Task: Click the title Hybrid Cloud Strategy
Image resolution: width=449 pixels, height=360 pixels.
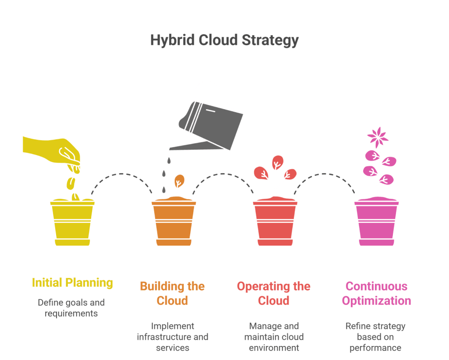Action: tap(224, 40)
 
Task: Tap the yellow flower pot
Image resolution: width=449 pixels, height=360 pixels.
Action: tap(72, 224)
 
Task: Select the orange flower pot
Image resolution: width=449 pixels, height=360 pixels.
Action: tap(174, 224)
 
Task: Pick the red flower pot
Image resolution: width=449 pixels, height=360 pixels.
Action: tap(275, 224)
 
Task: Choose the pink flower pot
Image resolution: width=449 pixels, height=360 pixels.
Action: tap(376, 224)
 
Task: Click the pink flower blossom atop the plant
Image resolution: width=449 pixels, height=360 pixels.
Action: tap(377, 137)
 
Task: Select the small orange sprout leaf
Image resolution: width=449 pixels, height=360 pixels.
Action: tap(179, 180)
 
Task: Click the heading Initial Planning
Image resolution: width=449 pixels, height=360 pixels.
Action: tap(72, 283)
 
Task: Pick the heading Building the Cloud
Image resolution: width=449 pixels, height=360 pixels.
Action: tap(172, 293)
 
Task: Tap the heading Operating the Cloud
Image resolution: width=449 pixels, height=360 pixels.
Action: tap(274, 293)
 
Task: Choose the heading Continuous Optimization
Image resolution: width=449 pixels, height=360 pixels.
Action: tap(376, 293)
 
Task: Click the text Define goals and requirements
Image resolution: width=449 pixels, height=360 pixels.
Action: tap(71, 308)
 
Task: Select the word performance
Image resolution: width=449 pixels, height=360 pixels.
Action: tap(375, 348)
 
